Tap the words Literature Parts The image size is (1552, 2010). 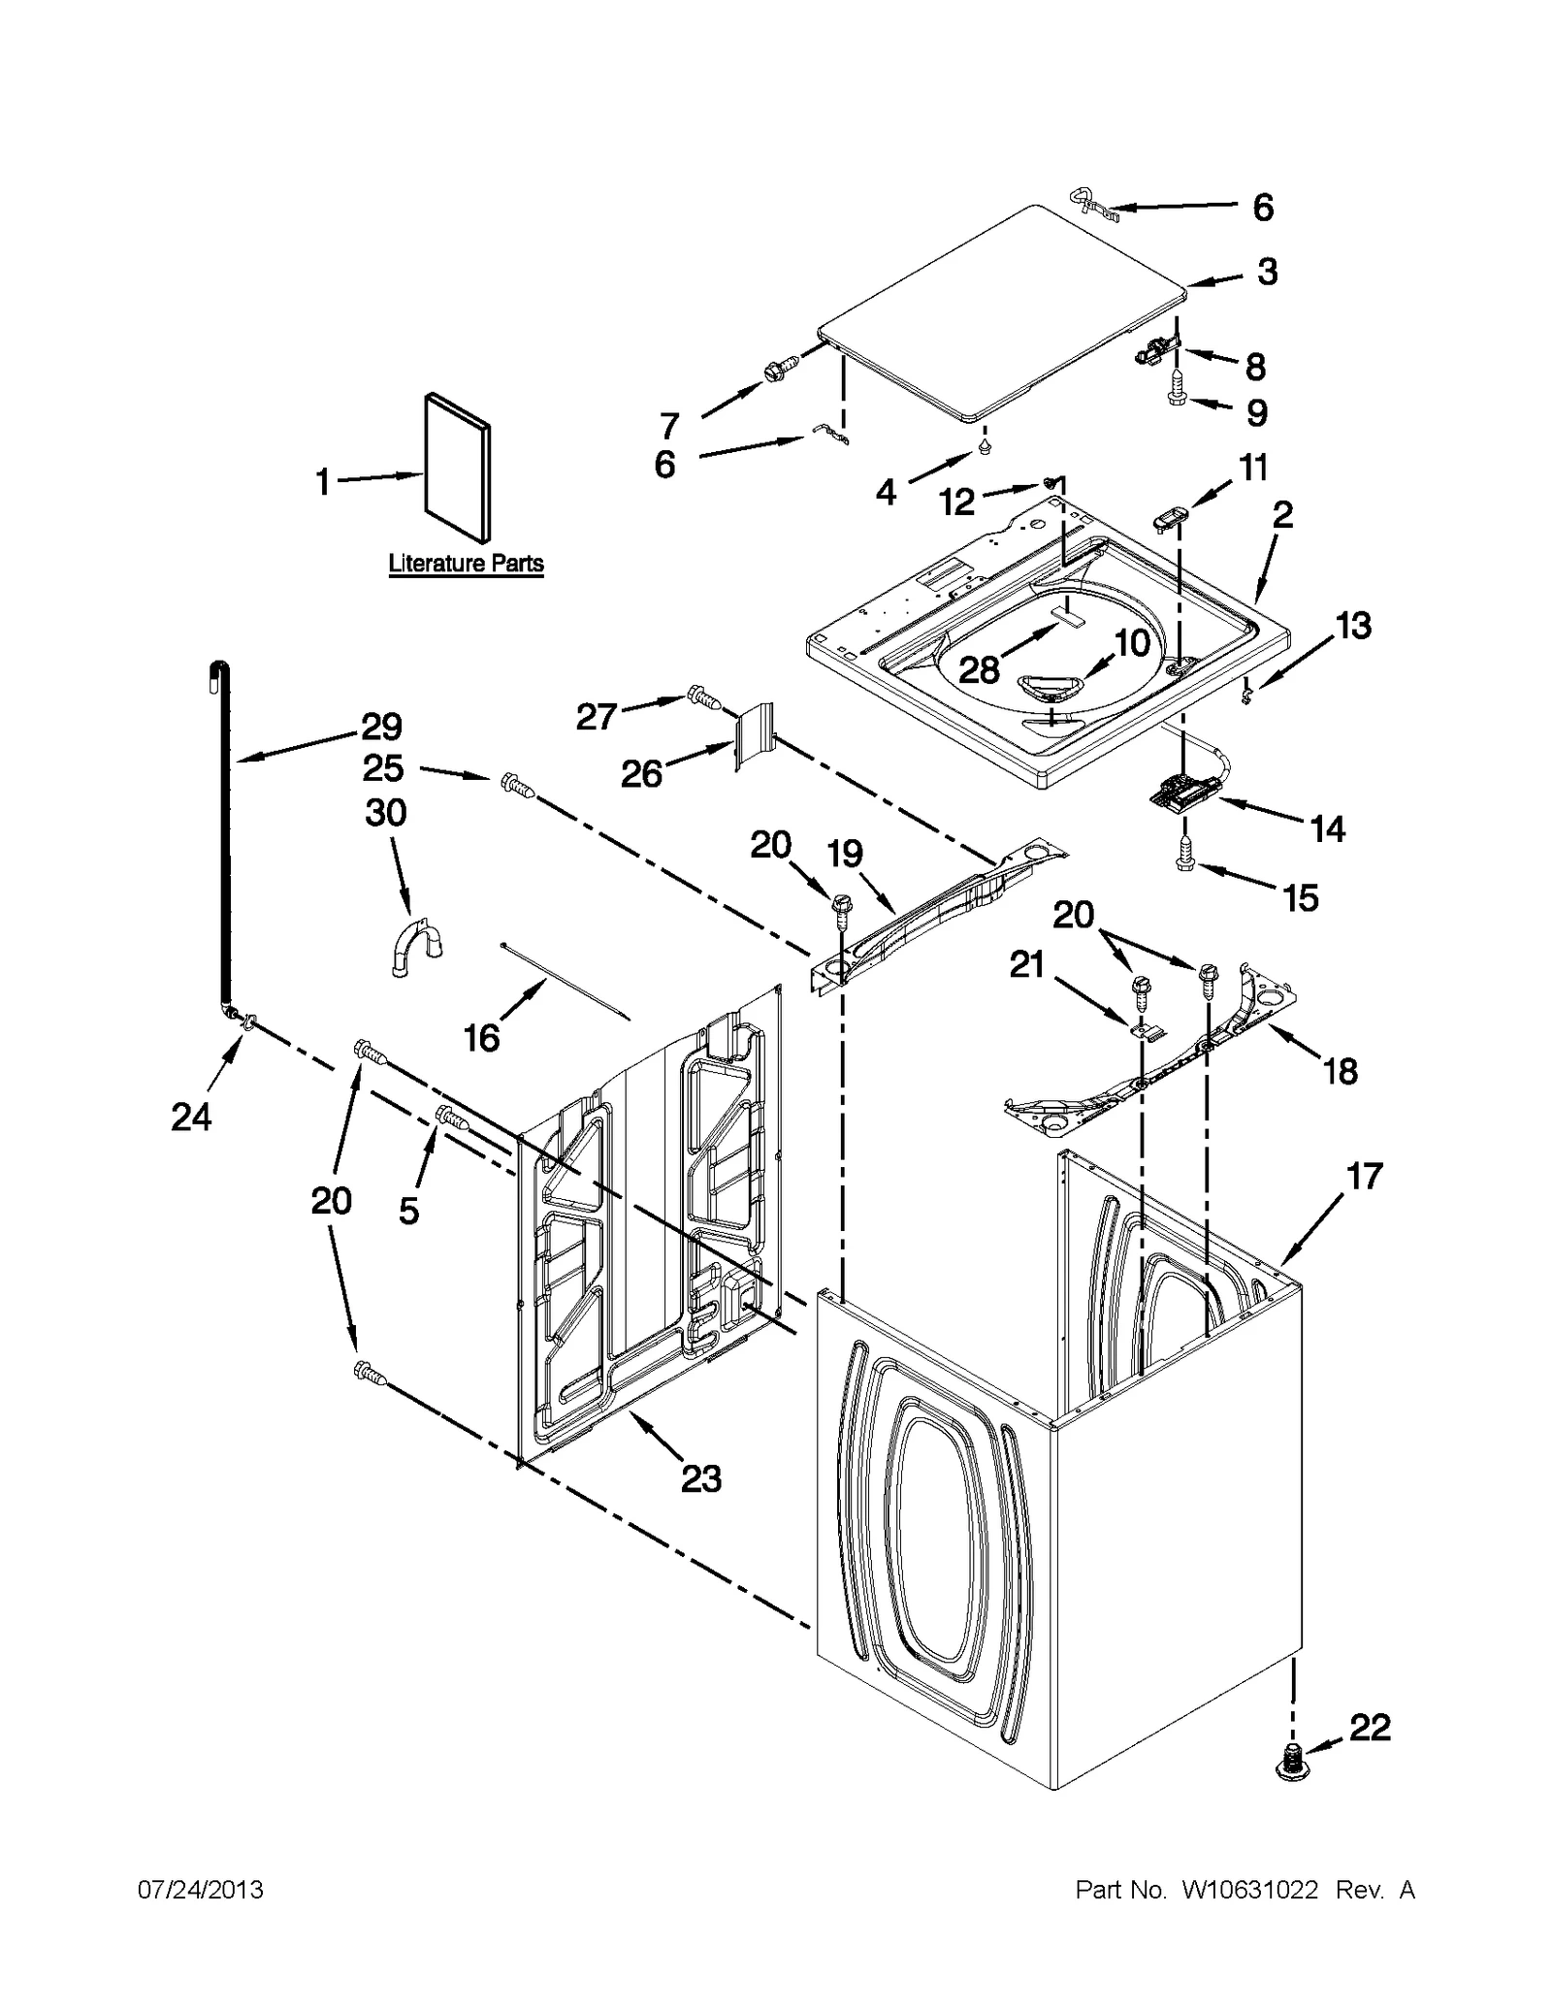(x=466, y=564)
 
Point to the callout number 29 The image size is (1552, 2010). (x=381, y=727)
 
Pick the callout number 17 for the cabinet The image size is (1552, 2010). (x=1363, y=1177)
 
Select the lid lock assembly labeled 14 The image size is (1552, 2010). (x=1180, y=794)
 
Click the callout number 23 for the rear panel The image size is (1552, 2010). (x=700, y=1478)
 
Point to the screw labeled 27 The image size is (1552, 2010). (x=702, y=696)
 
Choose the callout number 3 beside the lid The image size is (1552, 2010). (x=1267, y=273)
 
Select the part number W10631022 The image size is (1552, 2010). (x=1249, y=1890)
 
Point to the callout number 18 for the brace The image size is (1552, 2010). (x=1340, y=1071)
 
